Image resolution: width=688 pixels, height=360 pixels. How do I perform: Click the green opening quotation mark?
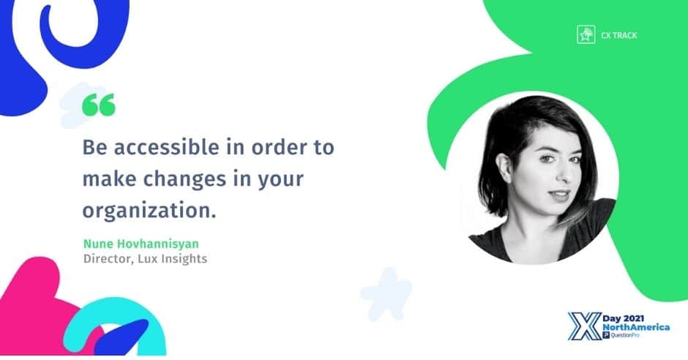99,105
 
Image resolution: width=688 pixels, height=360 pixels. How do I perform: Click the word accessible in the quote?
166,147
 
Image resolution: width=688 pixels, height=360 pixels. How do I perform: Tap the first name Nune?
99,244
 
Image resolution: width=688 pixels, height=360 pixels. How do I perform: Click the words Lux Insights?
173,259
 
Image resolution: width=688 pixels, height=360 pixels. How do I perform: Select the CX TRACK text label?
619,36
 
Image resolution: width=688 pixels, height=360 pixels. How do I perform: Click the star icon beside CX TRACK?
586,34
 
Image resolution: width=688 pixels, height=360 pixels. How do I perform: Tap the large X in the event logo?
585,326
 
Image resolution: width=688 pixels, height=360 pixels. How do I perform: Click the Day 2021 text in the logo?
623,318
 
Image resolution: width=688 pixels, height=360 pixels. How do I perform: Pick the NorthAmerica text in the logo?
636,328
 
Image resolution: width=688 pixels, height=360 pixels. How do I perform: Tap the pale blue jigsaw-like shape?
386,294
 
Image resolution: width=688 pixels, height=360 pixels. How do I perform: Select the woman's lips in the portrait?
560,195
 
